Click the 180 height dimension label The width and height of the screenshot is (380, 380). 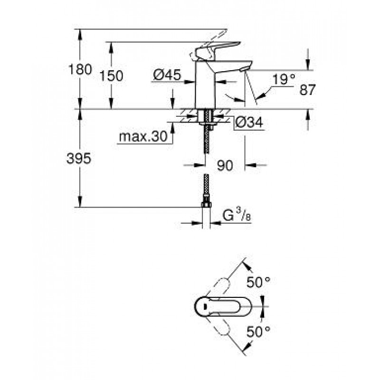tap(80, 69)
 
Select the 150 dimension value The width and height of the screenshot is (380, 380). tap(111, 76)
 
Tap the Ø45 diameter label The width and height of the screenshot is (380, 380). tap(167, 75)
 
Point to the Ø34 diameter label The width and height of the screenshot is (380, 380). tap(249, 123)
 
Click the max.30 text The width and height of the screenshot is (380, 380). tap(143, 137)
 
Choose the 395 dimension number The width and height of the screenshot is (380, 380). tap(79, 159)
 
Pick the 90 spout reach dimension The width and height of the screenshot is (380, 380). tap(225, 166)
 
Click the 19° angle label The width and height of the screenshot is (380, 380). tap(284, 79)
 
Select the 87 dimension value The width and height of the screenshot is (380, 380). tap(307, 90)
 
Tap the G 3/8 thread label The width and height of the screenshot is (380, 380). tap(237, 215)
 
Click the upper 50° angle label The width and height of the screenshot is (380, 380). tap(258, 282)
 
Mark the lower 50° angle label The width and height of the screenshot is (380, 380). tap(258, 332)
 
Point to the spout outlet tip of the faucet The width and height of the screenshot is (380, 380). tap(243, 70)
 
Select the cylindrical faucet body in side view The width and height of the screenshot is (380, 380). tap(205, 85)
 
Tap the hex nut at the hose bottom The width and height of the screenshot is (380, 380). tap(206, 205)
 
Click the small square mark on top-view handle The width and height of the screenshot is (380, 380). tap(205, 306)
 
